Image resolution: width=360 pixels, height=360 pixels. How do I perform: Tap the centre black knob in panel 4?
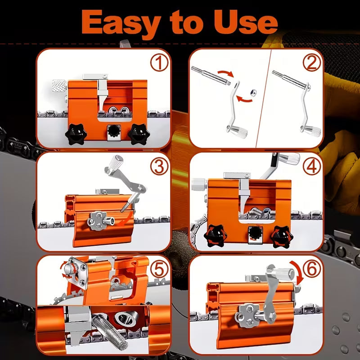tap(255, 233)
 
